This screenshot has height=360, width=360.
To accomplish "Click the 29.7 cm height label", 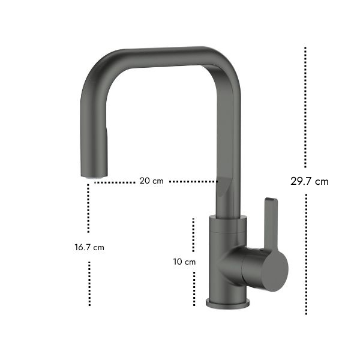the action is coord(309,181).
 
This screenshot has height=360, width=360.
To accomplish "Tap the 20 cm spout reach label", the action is coord(152,181).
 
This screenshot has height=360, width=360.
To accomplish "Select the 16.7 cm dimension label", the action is coord(89,247).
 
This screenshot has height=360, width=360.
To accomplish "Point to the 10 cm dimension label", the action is coord(184,262).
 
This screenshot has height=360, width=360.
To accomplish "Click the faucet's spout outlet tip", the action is coord(94,176).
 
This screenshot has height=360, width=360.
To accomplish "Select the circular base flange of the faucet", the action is coord(228,303).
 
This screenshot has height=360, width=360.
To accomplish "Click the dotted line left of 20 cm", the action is coord(115,182).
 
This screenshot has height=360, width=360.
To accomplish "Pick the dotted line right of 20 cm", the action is coord(193,182).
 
